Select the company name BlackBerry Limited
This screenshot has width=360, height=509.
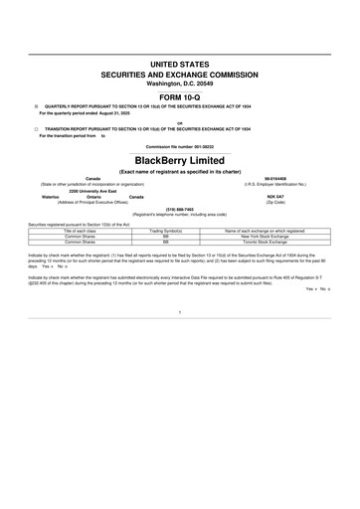[x=180, y=159]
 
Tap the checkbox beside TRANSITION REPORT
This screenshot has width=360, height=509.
[x=37, y=129]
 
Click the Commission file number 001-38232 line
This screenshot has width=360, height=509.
[x=180, y=146]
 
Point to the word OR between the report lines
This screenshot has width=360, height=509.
[x=180, y=123]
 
